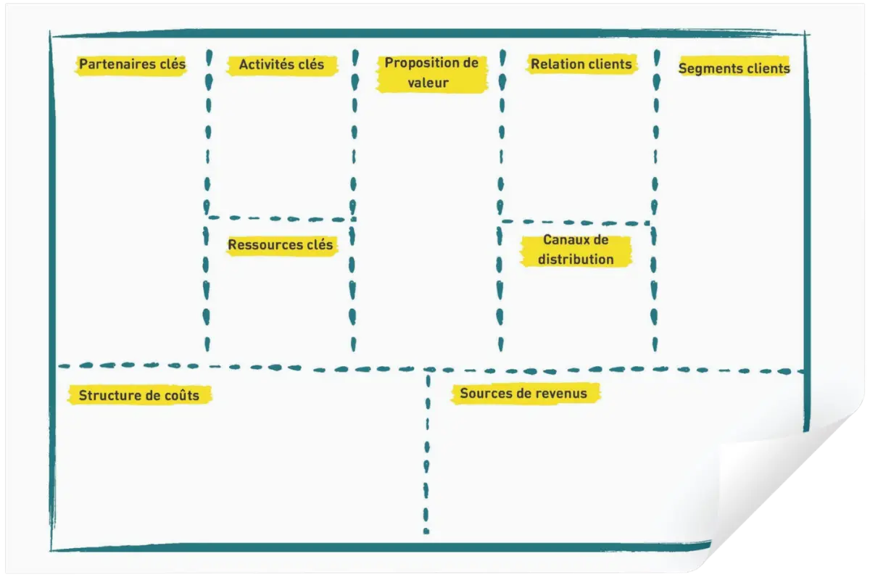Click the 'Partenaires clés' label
133,64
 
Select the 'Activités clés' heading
281,65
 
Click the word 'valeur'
428,83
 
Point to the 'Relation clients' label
581,64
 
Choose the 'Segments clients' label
734,68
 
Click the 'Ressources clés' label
281,245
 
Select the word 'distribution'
576,259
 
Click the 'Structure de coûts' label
139,395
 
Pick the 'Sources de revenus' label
523,393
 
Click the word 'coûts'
182,395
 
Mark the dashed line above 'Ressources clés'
282,219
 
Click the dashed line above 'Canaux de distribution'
576,223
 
